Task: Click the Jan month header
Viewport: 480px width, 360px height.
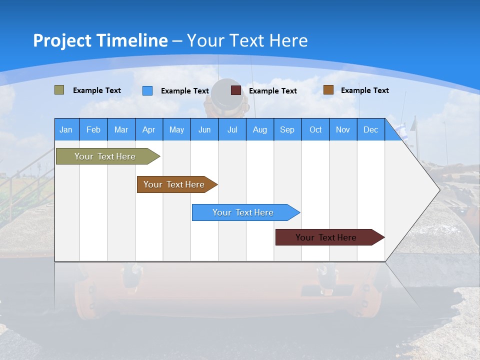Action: pos(66,129)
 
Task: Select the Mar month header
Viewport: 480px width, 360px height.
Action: pos(121,129)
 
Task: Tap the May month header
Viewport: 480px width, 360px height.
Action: pos(176,129)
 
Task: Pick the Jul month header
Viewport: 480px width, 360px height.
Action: pos(232,129)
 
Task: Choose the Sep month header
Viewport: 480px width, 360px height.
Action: pos(287,129)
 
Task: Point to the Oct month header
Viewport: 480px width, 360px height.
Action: pos(315,129)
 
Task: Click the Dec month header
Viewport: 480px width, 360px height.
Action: pos(370,129)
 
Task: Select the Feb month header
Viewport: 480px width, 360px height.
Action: pos(93,129)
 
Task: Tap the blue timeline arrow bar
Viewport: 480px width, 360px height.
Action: pos(243,212)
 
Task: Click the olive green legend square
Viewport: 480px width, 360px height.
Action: pos(59,90)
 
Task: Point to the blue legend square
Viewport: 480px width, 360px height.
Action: pos(147,90)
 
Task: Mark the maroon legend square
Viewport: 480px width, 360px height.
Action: pos(236,90)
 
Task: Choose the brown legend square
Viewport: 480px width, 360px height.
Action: pos(328,90)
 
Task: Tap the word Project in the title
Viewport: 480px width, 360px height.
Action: pos(62,40)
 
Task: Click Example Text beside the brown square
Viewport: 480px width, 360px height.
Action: pos(364,90)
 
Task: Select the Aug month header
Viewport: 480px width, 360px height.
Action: pos(259,129)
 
